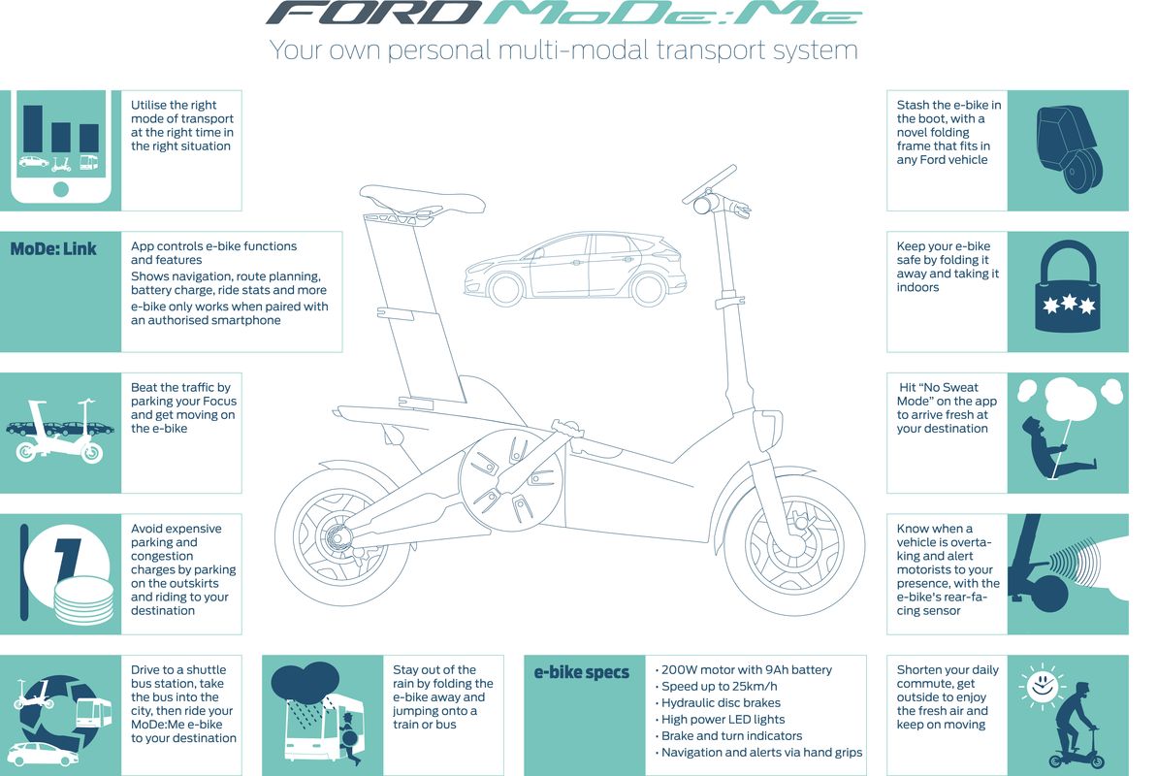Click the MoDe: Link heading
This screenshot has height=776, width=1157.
(53, 249)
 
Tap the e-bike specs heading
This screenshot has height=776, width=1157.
(582, 672)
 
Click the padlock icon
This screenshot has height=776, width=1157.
(1068, 286)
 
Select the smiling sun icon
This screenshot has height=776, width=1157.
(1042, 686)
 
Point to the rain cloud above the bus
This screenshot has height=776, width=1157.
(305, 682)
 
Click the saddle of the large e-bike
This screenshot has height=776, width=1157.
(422, 200)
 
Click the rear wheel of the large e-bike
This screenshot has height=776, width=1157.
(343, 536)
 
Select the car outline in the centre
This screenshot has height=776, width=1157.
(575, 269)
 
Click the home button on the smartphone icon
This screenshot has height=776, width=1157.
(60, 189)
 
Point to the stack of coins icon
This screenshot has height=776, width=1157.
(83, 600)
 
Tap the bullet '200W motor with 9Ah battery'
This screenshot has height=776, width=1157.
(744, 669)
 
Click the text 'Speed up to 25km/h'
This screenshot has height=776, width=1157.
(717, 686)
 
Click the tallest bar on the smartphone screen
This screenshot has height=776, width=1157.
(32, 128)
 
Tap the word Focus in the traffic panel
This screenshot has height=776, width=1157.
(219, 401)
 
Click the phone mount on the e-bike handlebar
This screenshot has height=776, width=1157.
(709, 184)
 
